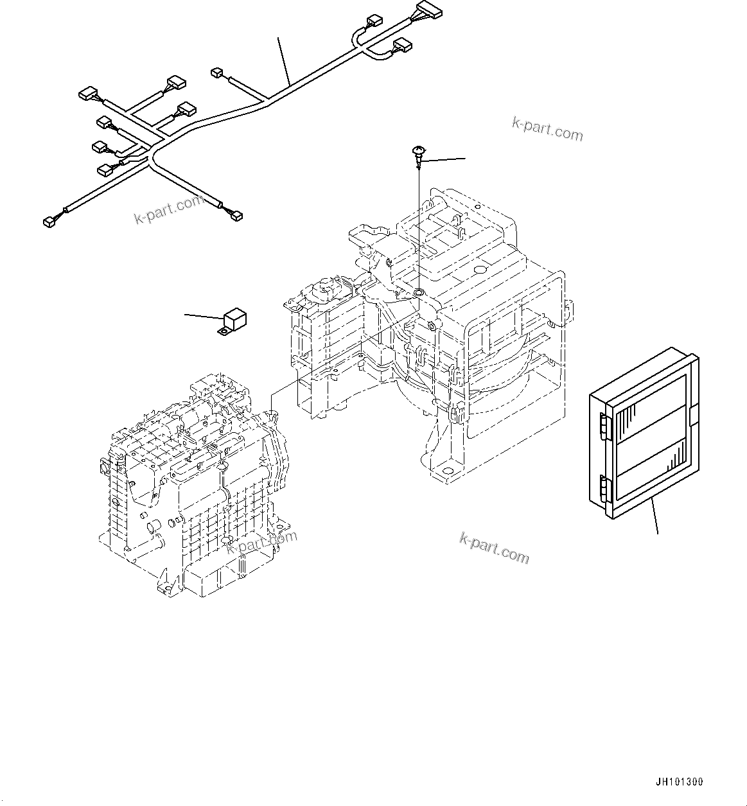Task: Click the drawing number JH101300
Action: (x=680, y=782)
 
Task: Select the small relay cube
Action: (x=235, y=318)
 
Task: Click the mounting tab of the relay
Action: (x=223, y=331)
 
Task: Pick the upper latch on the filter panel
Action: (x=604, y=426)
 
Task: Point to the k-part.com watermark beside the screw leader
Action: (x=547, y=128)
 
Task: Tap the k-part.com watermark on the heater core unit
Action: (x=262, y=541)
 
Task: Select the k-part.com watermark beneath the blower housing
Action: (x=494, y=548)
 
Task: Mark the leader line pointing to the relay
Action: (x=204, y=316)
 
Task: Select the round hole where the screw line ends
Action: (x=418, y=293)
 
